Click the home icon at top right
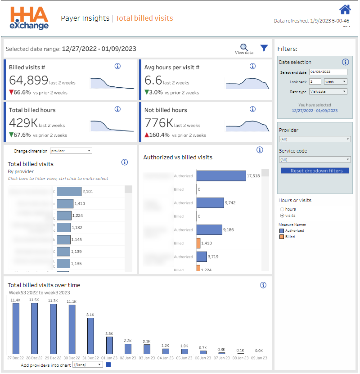(345, 9)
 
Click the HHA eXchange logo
(29, 18)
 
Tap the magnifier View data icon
(244, 48)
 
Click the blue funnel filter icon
(264, 48)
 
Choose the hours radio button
(282, 209)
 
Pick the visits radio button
(282, 216)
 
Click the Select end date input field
(328, 72)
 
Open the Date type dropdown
(328, 91)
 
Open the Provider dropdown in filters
(315, 139)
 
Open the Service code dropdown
(315, 159)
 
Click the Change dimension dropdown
(71, 151)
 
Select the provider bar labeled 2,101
(69, 192)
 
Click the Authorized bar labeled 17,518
(221, 176)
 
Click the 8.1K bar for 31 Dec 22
(90, 335)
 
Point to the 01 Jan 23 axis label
(109, 358)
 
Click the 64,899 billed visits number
(29, 81)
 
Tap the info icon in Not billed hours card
(252, 109)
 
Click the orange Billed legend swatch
(281, 237)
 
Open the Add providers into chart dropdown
(88, 365)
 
